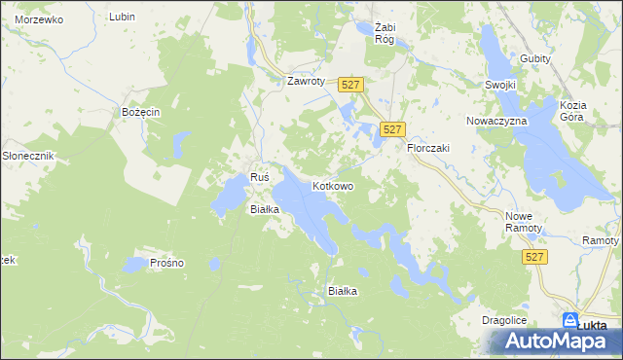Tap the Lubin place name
coord(122,18)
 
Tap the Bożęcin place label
coord(140,113)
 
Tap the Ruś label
coord(259,177)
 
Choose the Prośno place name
coord(167,263)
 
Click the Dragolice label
coord(504,319)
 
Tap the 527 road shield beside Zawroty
coord(351,87)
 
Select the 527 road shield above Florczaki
coord(392,129)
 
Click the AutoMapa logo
coord(556,340)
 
